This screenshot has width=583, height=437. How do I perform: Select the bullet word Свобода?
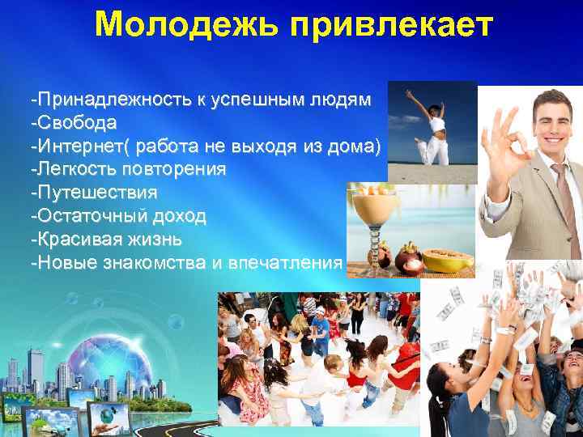tap(76, 123)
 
